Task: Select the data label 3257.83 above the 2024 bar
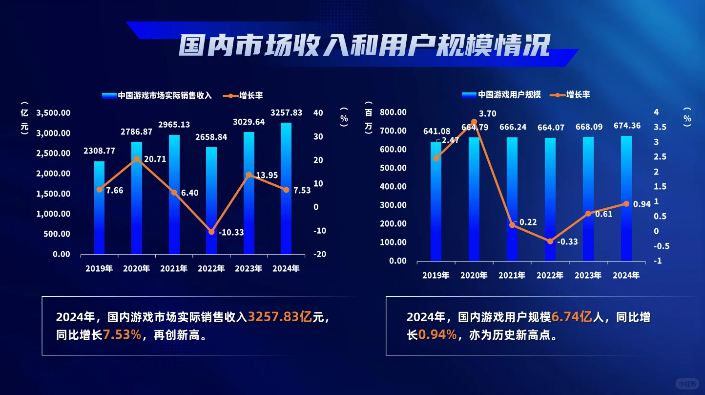pos(286,112)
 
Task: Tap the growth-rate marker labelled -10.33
pos(211,232)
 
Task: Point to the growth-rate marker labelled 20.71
pos(137,159)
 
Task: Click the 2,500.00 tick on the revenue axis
pos(53,154)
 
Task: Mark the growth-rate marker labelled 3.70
pos(474,121)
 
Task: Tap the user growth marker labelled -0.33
pos(550,241)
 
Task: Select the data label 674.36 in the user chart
pos(627,126)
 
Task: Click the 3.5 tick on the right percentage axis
pos(660,127)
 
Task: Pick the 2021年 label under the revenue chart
pos(174,268)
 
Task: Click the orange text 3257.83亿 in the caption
pos(280,317)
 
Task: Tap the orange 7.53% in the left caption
pos(122,335)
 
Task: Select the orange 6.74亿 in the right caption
pos(572,317)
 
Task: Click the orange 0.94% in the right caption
pos(437,335)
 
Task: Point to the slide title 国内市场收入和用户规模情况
pos(364,45)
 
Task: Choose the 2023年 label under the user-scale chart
pos(588,275)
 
